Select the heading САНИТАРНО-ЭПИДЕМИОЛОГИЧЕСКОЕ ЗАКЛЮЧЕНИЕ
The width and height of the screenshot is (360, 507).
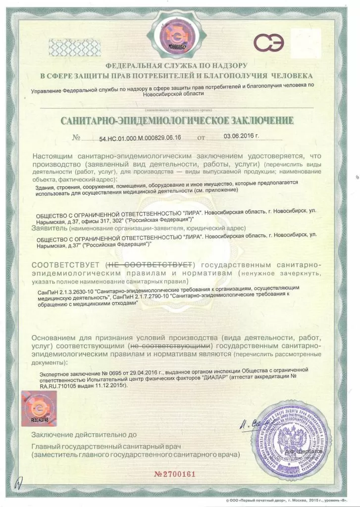coord(177,121)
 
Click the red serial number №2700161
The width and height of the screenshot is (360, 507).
coord(175,474)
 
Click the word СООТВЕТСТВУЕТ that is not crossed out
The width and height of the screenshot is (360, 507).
coord(67,263)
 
